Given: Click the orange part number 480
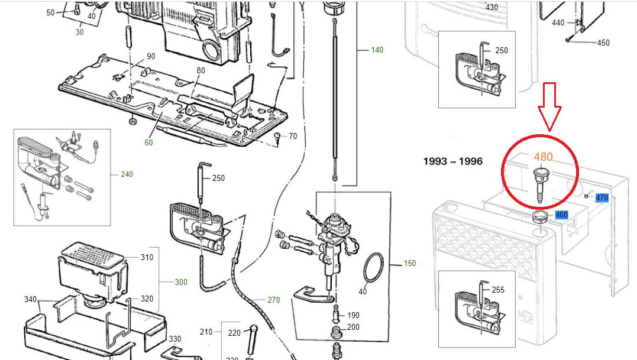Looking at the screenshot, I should pos(543,157).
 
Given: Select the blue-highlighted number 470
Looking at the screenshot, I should pos(602,197).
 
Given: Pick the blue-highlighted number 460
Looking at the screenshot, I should pos(561,215).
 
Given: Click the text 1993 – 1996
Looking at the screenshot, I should pos(453,161).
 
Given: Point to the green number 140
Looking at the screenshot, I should pos(377,50).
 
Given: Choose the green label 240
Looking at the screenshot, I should pos(127,174).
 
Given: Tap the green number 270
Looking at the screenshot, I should pos(273,300).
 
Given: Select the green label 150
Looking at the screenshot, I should pos(409,263).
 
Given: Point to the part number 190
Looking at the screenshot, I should pos(353,315).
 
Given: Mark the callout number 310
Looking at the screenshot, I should pos(146,257).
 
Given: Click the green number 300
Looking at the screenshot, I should pos(181,282).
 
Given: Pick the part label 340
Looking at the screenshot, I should pos(31,299).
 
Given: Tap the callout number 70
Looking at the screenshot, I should pos(293,137).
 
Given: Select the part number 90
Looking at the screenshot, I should pos(151,56).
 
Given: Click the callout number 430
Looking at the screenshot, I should pos(492,7).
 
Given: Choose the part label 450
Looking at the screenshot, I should pos(603,43).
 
